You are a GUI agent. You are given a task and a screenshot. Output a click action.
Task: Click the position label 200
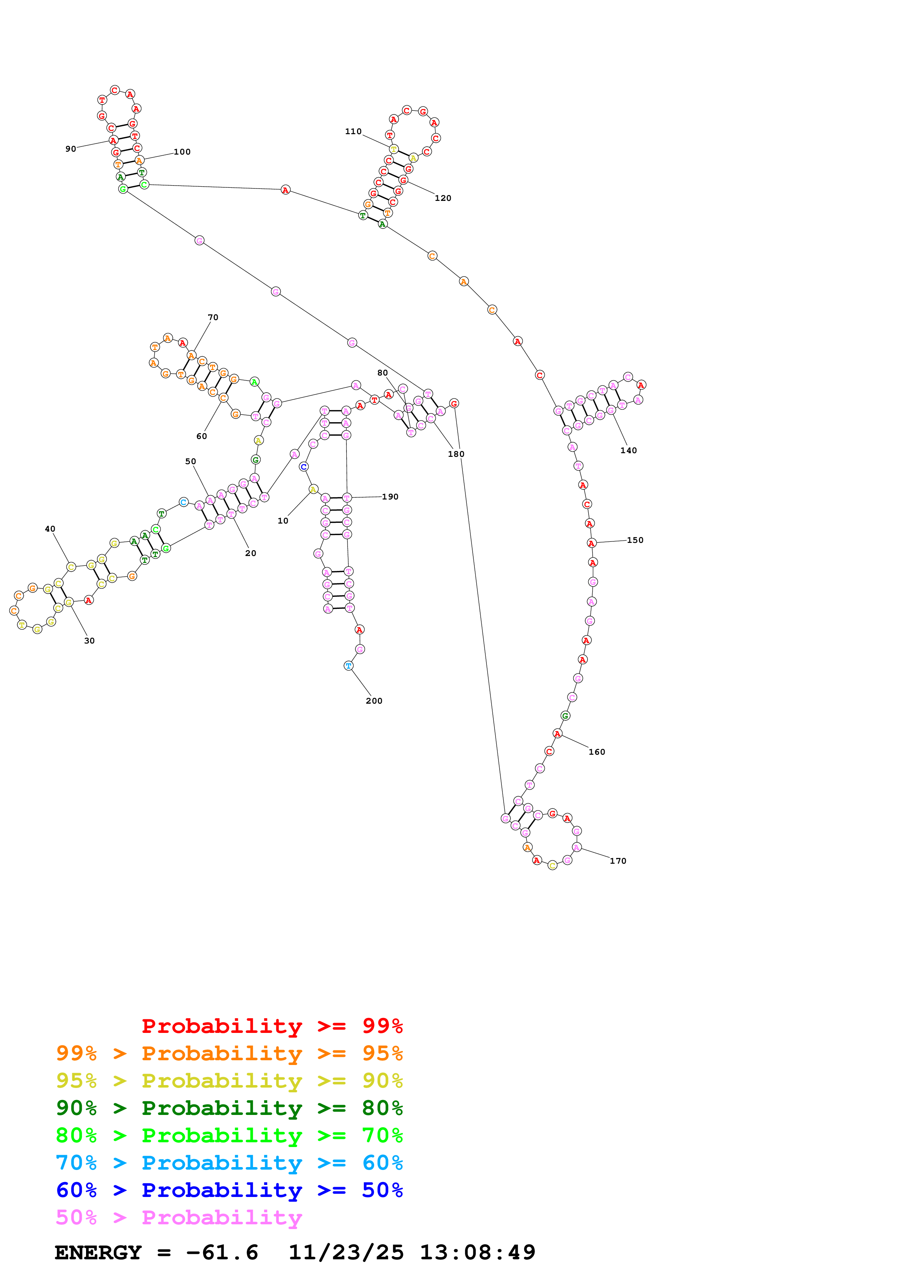[x=374, y=701]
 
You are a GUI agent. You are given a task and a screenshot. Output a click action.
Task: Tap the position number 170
[x=618, y=861]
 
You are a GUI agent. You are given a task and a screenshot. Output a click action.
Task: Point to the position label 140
[x=628, y=450]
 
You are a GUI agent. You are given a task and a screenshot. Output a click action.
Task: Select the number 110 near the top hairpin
[x=353, y=132]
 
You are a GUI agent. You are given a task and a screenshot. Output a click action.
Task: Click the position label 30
[x=89, y=641]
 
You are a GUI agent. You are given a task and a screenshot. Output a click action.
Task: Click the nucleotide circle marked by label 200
[x=349, y=666]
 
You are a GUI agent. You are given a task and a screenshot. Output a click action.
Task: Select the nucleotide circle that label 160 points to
[x=558, y=734]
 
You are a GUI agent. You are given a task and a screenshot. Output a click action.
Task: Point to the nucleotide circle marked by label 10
[x=313, y=489]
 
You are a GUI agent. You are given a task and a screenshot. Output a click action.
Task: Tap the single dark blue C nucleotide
[x=303, y=467]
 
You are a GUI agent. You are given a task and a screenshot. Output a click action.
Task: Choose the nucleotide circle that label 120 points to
[x=403, y=180]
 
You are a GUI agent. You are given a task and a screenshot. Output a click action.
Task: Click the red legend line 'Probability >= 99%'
[x=272, y=1026]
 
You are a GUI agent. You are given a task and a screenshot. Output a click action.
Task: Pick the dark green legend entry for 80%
[x=229, y=1108]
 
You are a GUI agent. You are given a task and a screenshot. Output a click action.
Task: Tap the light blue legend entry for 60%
[x=229, y=1163]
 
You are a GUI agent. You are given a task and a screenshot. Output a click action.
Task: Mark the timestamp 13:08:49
[x=477, y=1252]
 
